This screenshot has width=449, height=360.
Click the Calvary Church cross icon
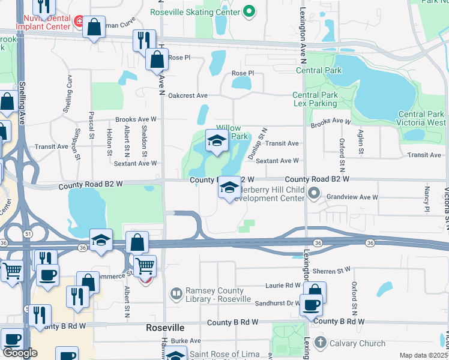(320, 343)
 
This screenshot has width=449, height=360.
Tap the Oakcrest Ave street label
(188, 95)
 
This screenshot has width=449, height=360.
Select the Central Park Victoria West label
(421, 118)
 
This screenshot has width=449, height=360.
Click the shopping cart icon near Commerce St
(145, 265)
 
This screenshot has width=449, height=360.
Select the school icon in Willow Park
(217, 141)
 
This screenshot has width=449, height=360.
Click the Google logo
(20, 353)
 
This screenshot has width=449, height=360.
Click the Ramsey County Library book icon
(176, 294)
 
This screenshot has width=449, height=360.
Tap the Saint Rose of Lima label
(224, 354)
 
